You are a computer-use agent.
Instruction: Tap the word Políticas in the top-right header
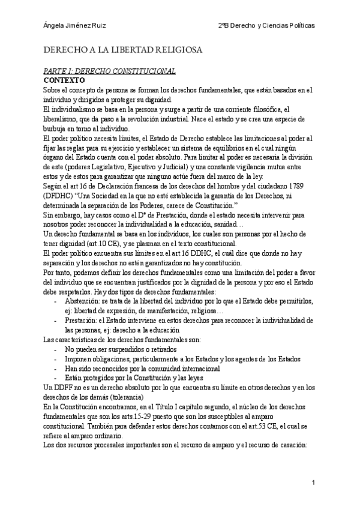coord(301,26)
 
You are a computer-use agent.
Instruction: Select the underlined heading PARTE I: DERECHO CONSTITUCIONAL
coord(107,71)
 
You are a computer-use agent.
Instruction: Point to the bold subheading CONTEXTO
coord(64,79)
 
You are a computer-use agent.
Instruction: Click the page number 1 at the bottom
coord(313,483)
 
